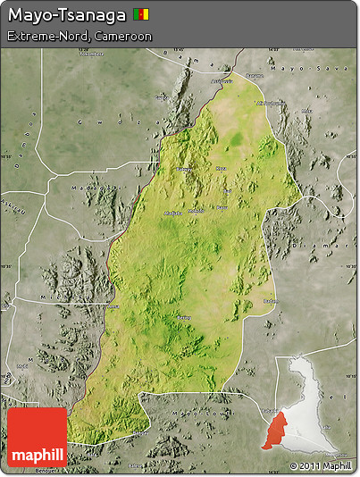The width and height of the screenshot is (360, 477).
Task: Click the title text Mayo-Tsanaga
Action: tap(66, 15)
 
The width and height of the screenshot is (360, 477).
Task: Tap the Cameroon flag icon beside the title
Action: tap(141, 14)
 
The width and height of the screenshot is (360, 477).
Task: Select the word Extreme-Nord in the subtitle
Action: tap(43, 37)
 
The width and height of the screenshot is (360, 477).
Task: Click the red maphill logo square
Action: tap(37, 437)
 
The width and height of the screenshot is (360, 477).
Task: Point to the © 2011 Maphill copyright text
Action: tap(321, 466)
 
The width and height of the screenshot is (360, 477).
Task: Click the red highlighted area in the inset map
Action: tap(277, 430)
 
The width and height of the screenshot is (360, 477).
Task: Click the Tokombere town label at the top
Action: tap(268, 103)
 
